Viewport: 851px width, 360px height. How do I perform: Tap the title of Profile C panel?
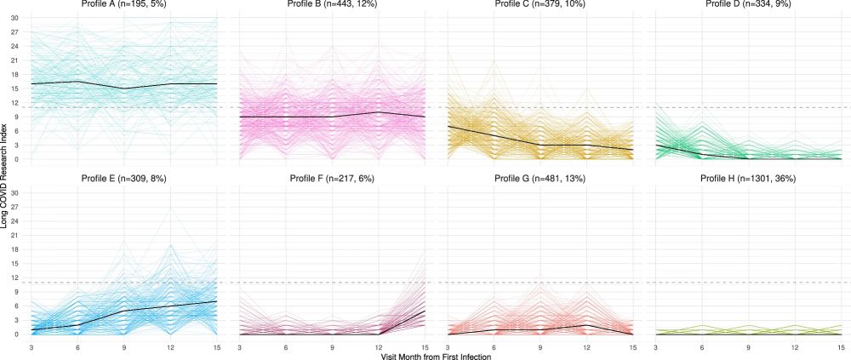click(x=540, y=5)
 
